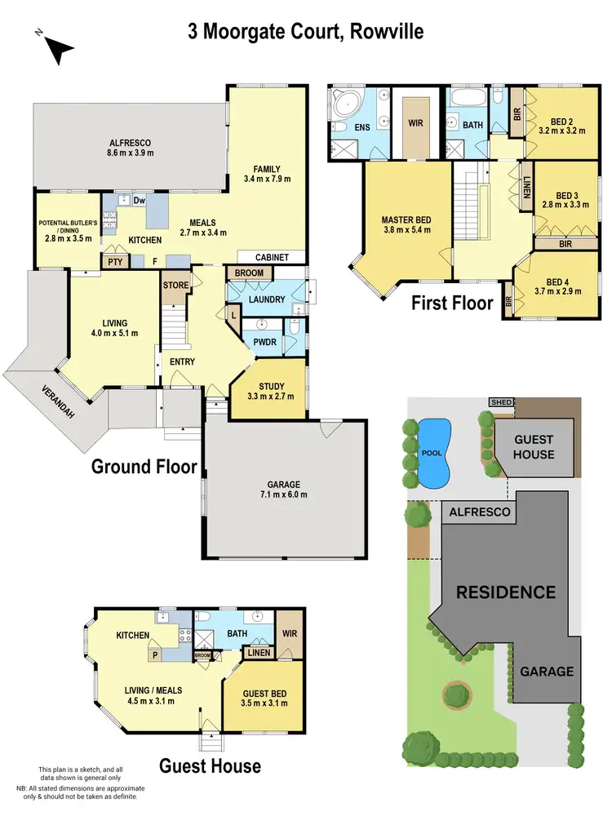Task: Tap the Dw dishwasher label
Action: click(x=139, y=200)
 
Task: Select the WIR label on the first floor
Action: click(x=416, y=125)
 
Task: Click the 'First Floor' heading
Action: click(x=451, y=303)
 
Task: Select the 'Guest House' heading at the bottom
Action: click(x=210, y=765)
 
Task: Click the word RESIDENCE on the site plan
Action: click(x=506, y=592)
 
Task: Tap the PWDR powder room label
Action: click(x=263, y=343)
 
